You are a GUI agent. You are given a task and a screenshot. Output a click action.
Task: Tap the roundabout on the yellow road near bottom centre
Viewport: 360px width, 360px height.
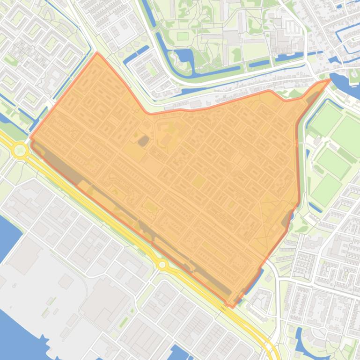pyautogui.click(x=162, y=265)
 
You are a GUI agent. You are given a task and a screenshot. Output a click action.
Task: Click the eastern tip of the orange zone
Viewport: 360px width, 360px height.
pyautogui.click(x=330, y=80)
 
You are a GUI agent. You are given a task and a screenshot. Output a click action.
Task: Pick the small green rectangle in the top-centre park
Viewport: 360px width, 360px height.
pyautogui.click(x=182, y=36)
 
